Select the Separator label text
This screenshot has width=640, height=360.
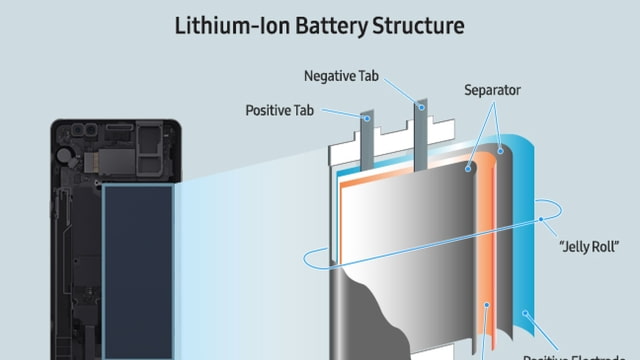coord(492,90)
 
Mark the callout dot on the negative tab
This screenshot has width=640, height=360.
coord(420,105)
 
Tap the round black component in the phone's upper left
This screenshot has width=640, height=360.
coord(67,156)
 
